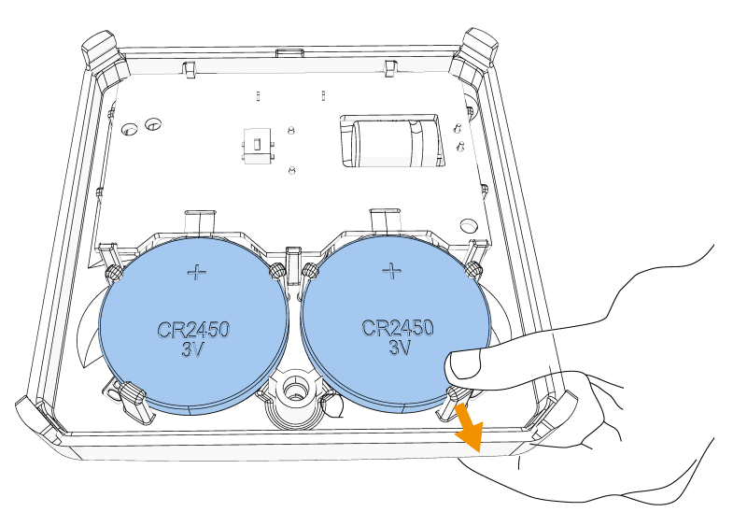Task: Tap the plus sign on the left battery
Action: pyautogui.click(x=197, y=272)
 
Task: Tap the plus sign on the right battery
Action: pyautogui.click(x=392, y=270)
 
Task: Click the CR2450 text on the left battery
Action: pyautogui.click(x=191, y=330)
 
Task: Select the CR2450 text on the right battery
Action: pyautogui.click(x=398, y=328)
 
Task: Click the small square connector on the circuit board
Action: pyautogui.click(x=253, y=148)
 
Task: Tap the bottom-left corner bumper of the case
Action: pyautogui.click(x=36, y=417)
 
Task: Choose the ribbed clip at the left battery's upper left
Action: pyautogui.click(x=114, y=271)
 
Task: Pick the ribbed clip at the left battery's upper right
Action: pyautogui.click(x=276, y=270)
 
